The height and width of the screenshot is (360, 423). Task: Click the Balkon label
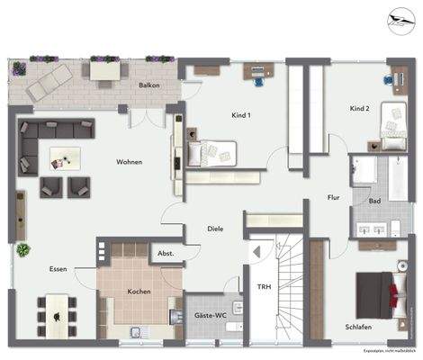[x=149, y=85]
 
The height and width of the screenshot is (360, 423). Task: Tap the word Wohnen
[x=130, y=162]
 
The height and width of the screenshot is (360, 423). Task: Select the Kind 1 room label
[x=240, y=115]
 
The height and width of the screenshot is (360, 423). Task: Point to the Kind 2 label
[x=360, y=109]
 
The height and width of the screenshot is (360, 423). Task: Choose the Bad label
[x=374, y=202]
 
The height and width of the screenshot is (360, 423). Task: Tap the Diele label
[x=214, y=229]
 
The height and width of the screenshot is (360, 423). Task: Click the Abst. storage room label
[x=165, y=255]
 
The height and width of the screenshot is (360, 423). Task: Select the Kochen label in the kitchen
[x=139, y=292]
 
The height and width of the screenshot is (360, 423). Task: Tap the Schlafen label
[x=357, y=327]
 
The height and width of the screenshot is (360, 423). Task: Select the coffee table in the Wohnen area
[x=65, y=159]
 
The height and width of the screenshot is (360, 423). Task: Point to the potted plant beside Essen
[x=22, y=249]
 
